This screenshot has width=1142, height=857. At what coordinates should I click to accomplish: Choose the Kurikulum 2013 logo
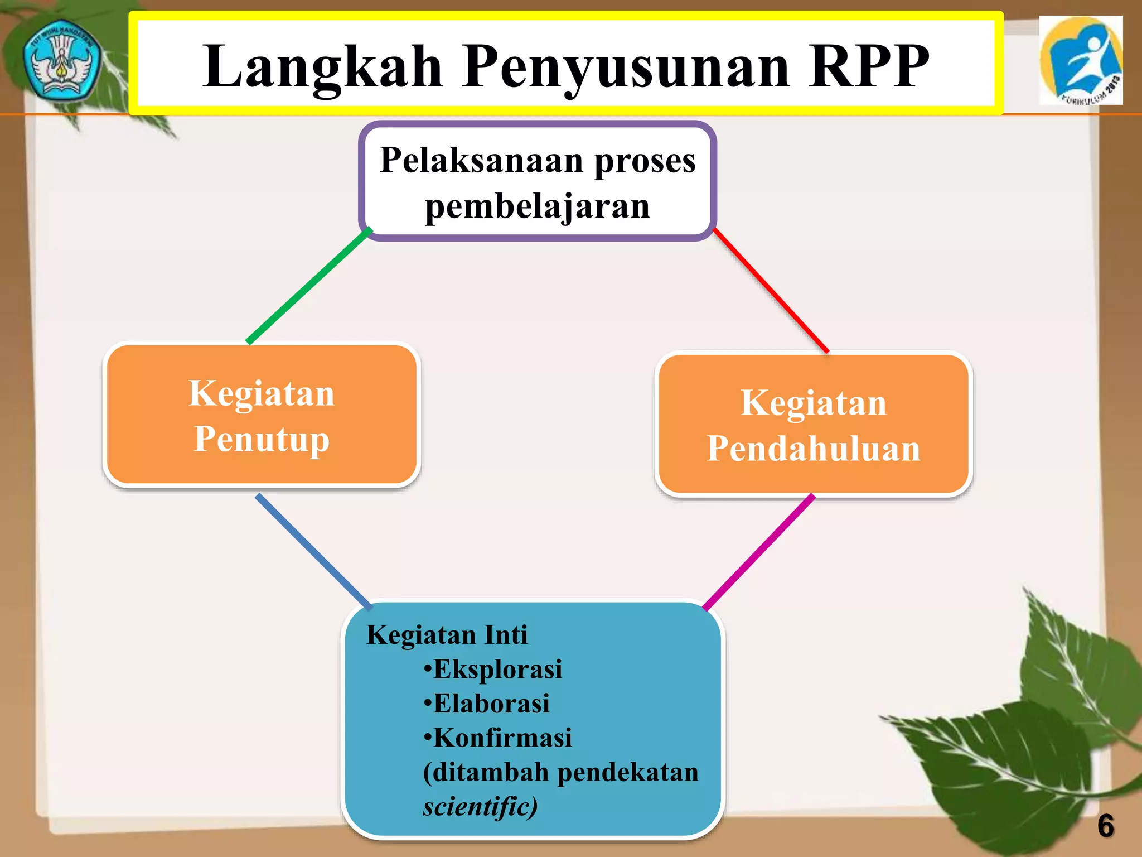click(1081, 60)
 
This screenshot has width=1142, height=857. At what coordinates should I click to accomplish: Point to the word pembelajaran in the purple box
click(537, 206)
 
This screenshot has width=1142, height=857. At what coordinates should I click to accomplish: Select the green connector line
click(308, 286)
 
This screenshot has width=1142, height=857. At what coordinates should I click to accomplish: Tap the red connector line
click(771, 290)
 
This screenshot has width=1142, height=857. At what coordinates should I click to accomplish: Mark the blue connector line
click(313, 551)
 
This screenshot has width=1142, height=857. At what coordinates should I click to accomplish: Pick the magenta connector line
click(759, 552)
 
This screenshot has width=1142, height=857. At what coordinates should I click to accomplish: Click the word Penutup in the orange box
click(262, 439)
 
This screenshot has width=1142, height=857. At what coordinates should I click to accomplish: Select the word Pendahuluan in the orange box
click(813, 449)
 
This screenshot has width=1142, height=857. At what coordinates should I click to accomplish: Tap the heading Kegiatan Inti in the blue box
click(447, 635)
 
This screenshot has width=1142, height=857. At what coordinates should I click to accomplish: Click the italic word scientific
click(479, 807)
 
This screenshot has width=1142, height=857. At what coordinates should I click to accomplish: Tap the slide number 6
click(1105, 826)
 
